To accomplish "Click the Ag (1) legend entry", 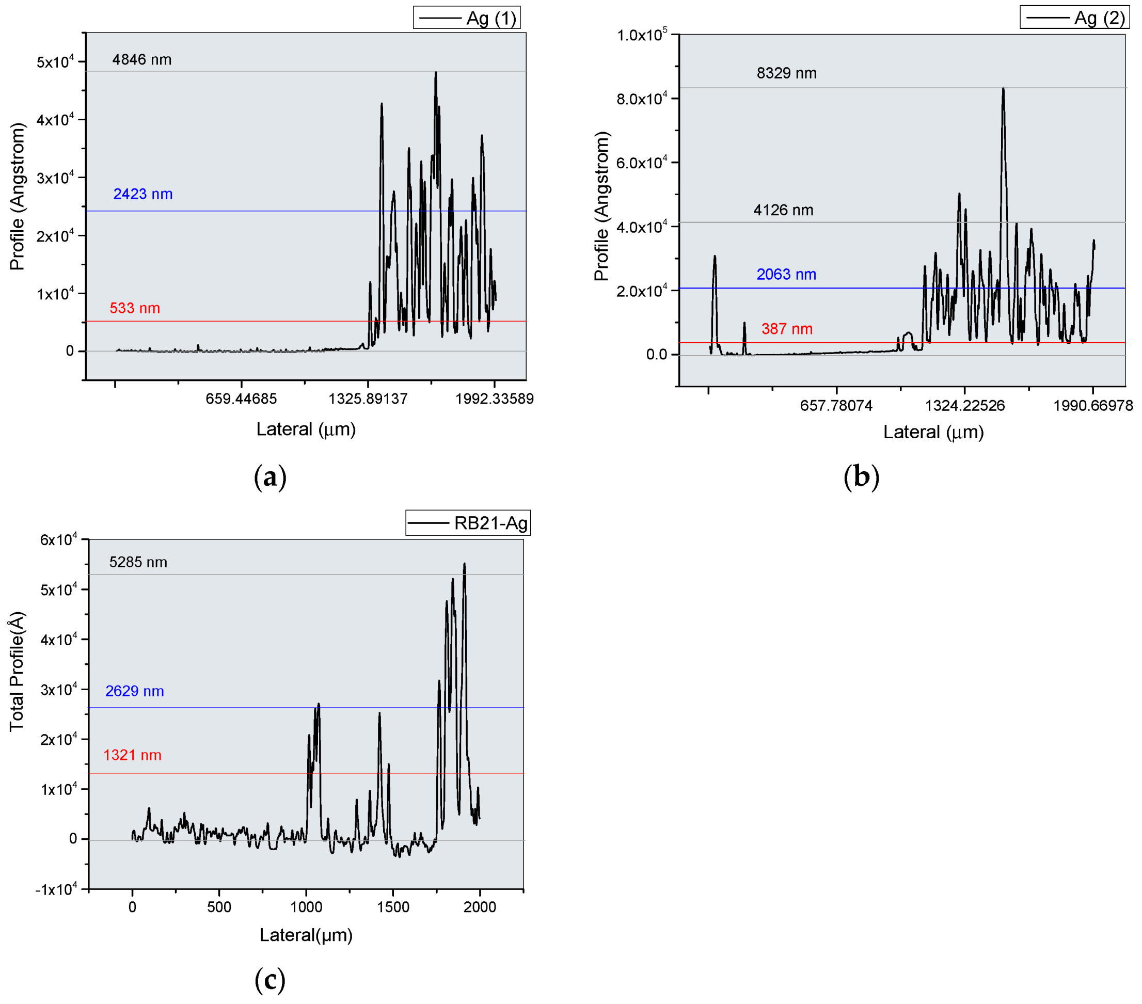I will [467, 19].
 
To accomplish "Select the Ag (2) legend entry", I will [1075, 19].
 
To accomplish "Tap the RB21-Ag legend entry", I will [468, 523].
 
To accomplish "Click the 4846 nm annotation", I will [142, 60].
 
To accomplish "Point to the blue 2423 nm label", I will [143, 194].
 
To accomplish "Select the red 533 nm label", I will [135, 308].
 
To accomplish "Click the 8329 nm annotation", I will [787, 73].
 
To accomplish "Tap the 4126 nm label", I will [783, 210].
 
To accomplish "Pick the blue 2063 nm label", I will [786, 274].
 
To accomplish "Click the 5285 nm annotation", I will [138, 562].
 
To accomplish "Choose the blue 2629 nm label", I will [135, 691].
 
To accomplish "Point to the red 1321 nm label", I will [132, 755].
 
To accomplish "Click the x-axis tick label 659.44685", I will [242, 399].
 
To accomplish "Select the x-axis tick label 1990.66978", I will [1093, 406].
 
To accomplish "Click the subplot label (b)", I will [862, 477].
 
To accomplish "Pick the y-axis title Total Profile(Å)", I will [17, 671].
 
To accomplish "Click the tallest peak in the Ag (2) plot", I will [1004, 88].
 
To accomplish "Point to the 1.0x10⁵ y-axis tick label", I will [642, 35].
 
